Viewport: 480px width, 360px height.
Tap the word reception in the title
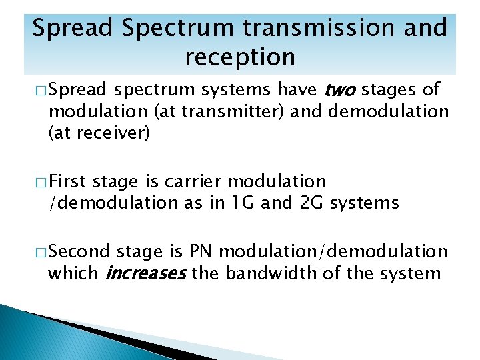[239, 57]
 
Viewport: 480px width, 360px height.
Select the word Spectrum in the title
[169, 29]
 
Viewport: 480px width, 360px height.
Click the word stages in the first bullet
[389, 91]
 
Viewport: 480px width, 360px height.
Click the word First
[69, 181]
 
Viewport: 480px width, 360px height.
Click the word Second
[79, 251]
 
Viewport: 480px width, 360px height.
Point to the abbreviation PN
[200, 251]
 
